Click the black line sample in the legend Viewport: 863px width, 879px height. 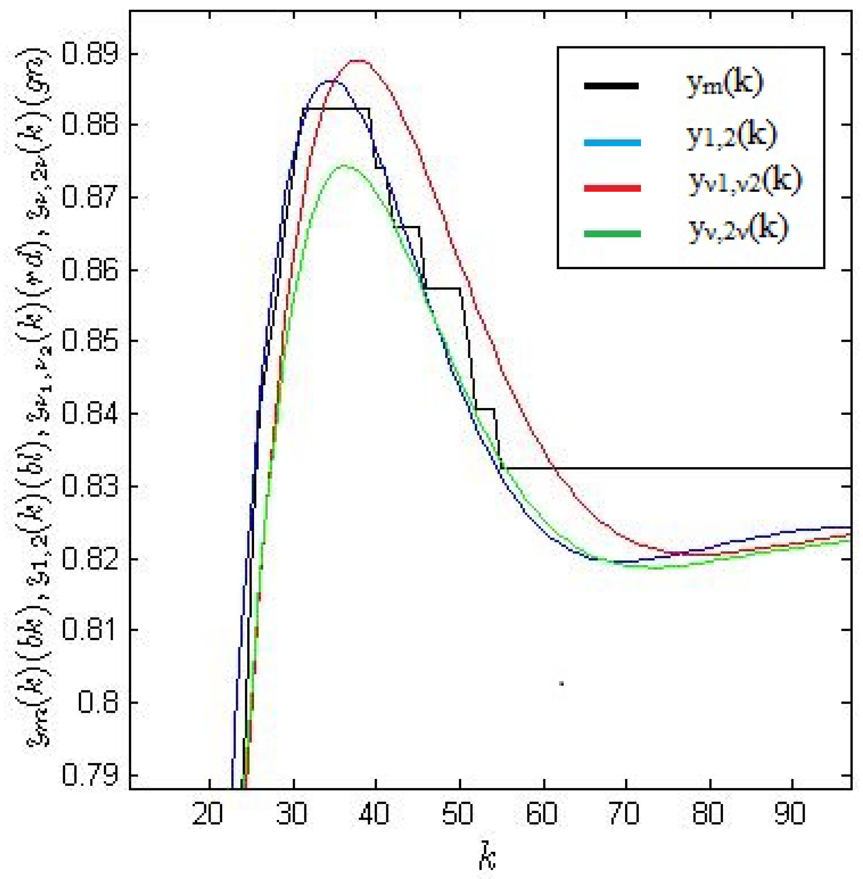point(612,86)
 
